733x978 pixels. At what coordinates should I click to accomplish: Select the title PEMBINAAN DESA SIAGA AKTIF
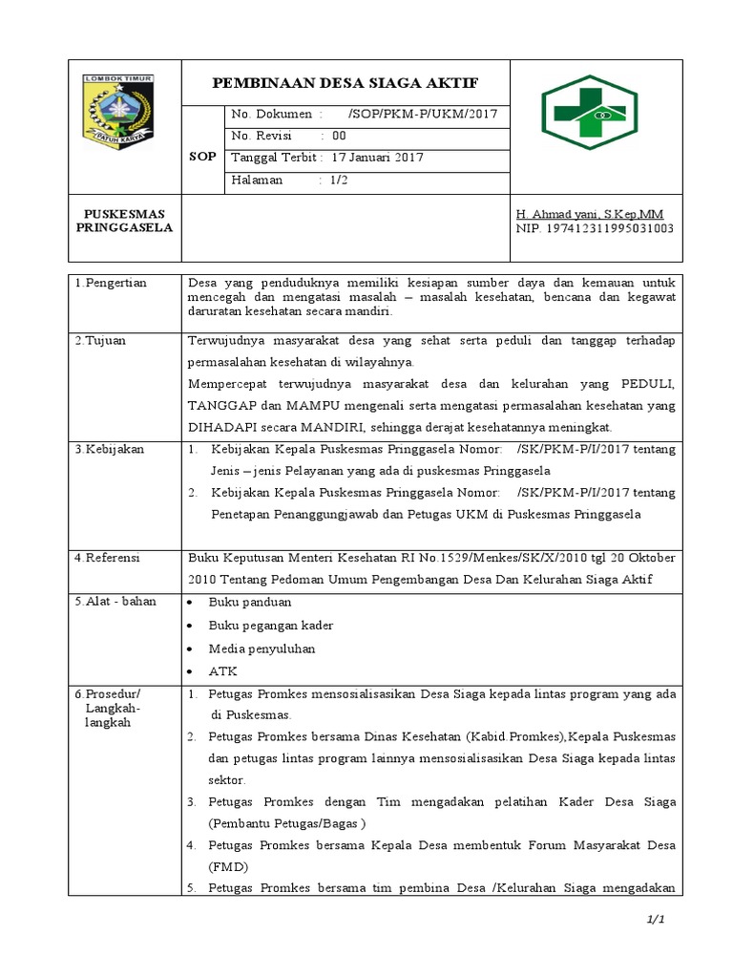pos(345,81)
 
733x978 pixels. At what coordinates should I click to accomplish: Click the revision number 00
pos(340,136)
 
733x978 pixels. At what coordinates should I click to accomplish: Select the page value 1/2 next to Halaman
pos(338,180)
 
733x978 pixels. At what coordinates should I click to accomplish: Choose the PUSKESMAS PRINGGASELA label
pos(124,222)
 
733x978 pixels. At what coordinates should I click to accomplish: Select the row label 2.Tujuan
pos(100,340)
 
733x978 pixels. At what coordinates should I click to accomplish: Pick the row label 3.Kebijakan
pos(108,448)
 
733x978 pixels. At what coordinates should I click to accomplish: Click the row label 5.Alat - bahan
pos(115,602)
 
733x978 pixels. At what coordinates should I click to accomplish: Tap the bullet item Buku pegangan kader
pos(271,626)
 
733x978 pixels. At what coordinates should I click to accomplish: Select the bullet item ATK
pos(222,671)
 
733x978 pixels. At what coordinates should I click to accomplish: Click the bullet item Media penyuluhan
pos(262,648)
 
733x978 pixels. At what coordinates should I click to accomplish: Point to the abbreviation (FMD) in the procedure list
pos(228,867)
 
